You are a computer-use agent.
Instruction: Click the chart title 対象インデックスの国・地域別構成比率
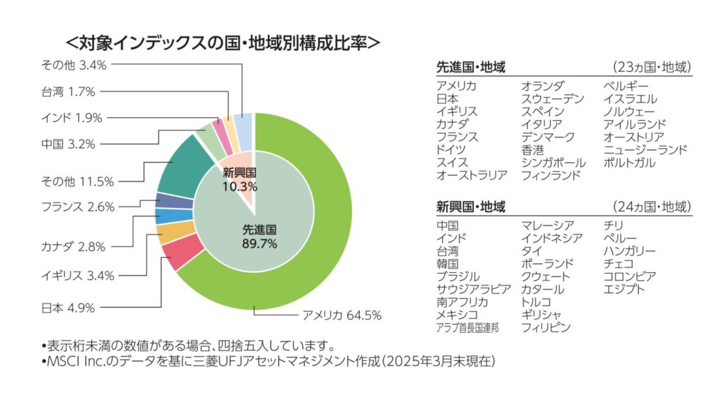click(222, 42)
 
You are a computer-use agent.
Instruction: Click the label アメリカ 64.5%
click(342, 315)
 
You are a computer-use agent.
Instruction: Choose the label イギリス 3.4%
click(77, 275)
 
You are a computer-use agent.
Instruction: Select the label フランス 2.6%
click(77, 207)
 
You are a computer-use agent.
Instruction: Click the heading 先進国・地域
click(471, 68)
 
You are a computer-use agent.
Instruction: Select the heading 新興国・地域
click(471, 207)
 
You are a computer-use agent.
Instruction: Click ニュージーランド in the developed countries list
click(646, 149)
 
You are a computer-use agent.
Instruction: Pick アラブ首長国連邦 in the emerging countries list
click(467, 327)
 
